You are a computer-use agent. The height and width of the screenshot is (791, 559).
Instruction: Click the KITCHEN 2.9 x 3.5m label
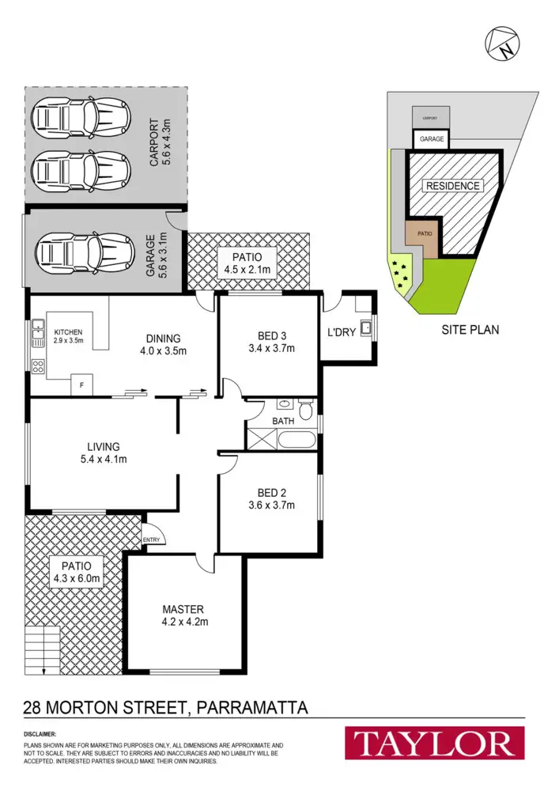(x=68, y=336)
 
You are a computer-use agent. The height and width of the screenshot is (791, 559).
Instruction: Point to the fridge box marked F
(x=81, y=385)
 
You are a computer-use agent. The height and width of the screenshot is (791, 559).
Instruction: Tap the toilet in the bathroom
(x=307, y=407)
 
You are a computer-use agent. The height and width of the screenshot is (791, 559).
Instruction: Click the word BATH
(x=282, y=421)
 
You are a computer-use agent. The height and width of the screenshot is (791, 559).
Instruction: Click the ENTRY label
(x=150, y=540)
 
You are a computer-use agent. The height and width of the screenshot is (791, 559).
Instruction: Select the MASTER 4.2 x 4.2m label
(x=183, y=615)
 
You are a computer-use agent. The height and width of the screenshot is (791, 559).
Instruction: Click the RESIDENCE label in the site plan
(x=453, y=186)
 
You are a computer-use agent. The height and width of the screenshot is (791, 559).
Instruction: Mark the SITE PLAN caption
(x=470, y=329)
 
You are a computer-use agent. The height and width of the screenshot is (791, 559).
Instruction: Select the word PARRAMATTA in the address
(x=251, y=706)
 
